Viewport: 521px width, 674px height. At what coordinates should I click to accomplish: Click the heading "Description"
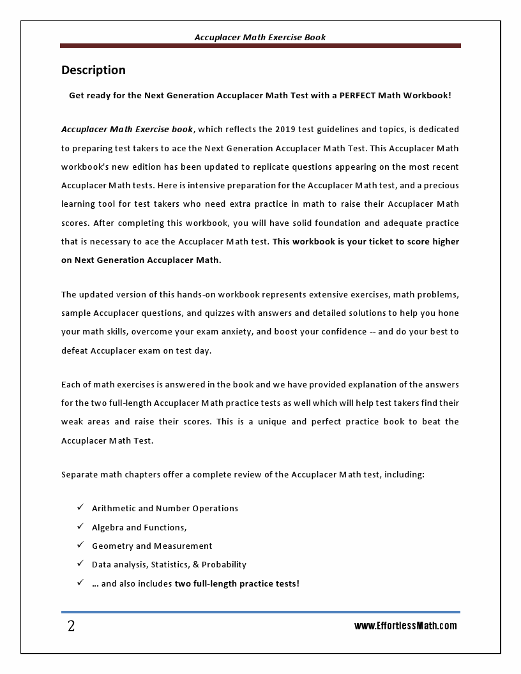pos(93,70)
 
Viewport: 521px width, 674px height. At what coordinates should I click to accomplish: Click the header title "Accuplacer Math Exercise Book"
pos(260,38)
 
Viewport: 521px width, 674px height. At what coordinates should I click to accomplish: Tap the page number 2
pos(71,627)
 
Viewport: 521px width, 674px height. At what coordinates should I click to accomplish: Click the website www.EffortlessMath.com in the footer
pos(405,626)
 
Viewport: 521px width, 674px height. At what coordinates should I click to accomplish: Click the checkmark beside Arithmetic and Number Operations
pos(80,507)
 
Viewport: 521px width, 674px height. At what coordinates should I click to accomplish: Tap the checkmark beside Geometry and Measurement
pos(80,545)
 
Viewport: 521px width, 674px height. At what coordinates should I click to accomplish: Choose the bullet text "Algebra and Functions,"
pos(139,527)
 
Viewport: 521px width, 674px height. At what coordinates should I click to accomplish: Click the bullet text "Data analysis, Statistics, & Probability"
pos(169,565)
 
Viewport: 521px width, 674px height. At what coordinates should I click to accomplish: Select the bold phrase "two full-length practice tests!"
pos(237,583)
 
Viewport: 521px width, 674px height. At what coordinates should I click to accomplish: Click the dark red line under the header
pos(260,46)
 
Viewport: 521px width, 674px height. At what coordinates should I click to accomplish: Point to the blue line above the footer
pos(260,612)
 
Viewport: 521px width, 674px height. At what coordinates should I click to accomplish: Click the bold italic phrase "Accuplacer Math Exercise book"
pos(126,130)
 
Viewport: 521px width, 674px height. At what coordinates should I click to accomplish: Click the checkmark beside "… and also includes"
pos(80,583)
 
